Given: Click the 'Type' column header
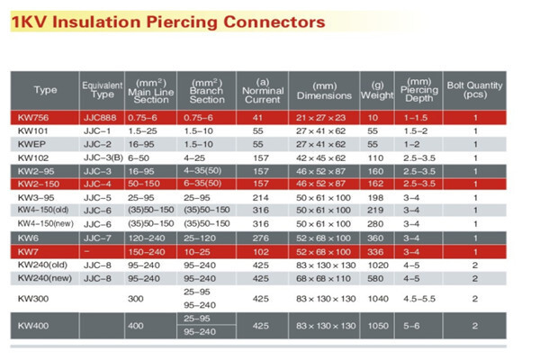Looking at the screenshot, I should tap(45, 90).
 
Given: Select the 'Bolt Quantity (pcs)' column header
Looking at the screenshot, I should tap(475, 89).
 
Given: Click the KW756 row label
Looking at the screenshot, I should tap(33, 118).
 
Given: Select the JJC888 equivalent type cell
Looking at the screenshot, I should tap(98, 118).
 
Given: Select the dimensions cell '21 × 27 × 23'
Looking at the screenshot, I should tap(320, 118).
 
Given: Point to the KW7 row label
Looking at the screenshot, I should tap(26, 251).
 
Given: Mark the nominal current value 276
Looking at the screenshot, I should tap(259, 238).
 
